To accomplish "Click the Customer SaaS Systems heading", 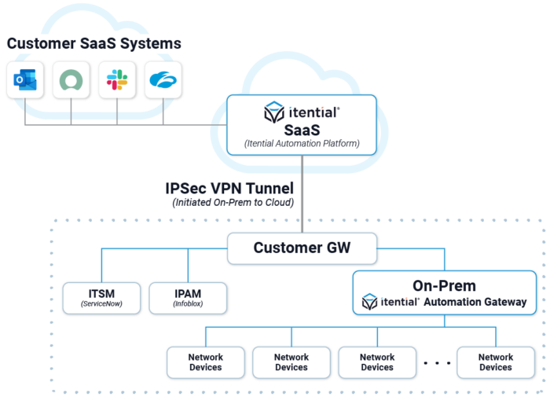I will (x=94, y=43).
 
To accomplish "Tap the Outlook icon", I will (x=25, y=79).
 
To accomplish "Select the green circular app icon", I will (x=71, y=79).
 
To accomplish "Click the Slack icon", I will (x=117, y=79).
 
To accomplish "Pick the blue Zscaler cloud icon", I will (x=163, y=79).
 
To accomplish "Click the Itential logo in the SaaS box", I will (x=302, y=112).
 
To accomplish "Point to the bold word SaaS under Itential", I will (x=302, y=129).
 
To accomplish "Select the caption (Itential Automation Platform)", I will (x=302, y=144).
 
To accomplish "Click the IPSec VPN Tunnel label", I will (x=229, y=189).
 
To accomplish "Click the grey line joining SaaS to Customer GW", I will (x=302, y=197).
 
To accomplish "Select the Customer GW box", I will (x=302, y=248).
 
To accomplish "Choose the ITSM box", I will (x=101, y=297).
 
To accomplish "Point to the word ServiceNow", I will (x=101, y=304).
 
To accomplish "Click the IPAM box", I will (x=187, y=297).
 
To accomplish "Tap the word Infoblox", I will (x=187, y=304).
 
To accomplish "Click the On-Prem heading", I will (x=444, y=285).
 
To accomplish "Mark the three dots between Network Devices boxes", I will (x=437, y=363).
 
